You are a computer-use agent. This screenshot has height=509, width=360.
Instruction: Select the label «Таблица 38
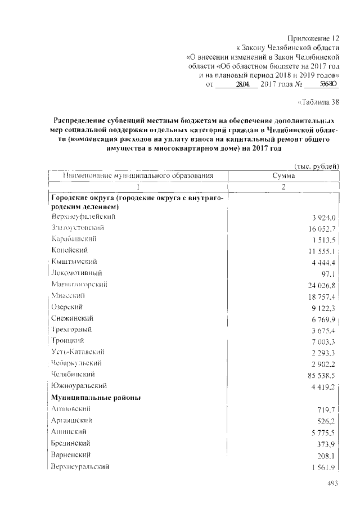tap(318, 102)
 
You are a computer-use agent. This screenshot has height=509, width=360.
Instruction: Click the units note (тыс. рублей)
tap(317, 166)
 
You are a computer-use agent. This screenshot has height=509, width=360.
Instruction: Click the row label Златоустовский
tap(77, 228)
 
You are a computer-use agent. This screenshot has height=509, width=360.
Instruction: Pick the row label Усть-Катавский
tap(77, 352)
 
